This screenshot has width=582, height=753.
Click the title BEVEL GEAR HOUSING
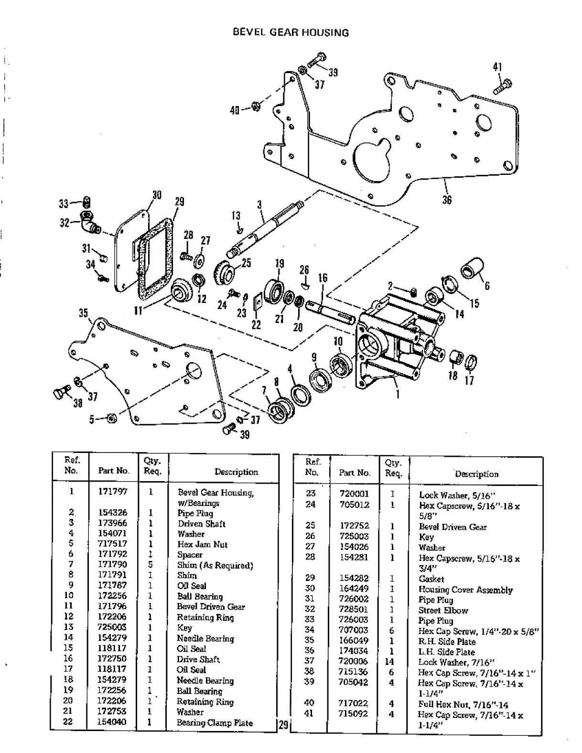coord(291,32)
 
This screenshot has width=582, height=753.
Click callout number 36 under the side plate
coord(447,200)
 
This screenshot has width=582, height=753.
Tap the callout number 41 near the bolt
coord(497,67)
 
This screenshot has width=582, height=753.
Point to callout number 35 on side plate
coord(84,313)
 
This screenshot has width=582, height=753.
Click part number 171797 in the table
coord(112,491)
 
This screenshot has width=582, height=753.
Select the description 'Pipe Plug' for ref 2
coord(195,513)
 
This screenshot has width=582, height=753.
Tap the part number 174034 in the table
coord(354,651)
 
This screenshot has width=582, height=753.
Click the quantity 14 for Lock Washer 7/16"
coord(389,662)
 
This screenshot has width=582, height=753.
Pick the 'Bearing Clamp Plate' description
coord(215,722)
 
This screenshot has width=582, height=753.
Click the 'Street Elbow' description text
coord(443,610)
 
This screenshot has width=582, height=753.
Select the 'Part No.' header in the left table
coord(114,471)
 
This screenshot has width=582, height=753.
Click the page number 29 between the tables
coord(283,725)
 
